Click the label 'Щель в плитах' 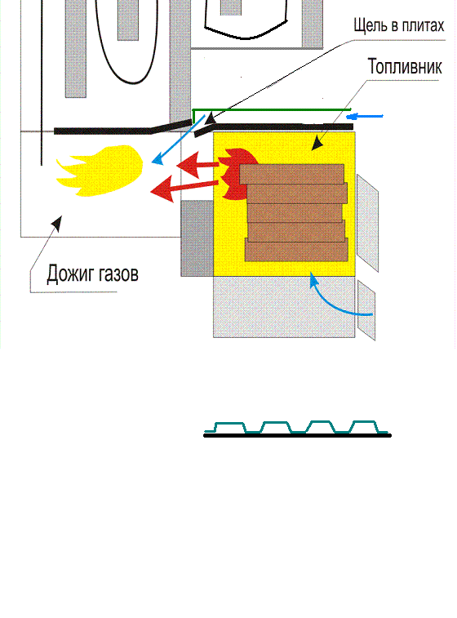398,25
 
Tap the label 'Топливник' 405,66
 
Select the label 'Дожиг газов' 92,273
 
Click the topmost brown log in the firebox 291,174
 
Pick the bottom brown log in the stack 296,250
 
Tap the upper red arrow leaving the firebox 197,165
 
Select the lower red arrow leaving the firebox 184,188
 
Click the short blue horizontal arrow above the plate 365,116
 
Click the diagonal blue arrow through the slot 178,140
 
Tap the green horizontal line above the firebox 272,109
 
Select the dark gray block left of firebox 197,238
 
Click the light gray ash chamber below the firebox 284,307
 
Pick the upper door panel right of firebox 367,223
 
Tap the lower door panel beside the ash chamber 366,310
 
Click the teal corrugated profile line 296,427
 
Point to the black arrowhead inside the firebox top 317,144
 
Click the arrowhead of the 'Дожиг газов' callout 57,223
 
